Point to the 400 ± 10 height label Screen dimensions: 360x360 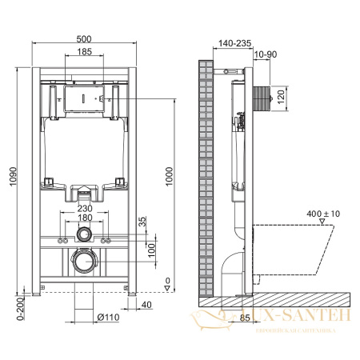click(x=324, y=214)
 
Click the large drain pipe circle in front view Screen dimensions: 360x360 click(x=84, y=262)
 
